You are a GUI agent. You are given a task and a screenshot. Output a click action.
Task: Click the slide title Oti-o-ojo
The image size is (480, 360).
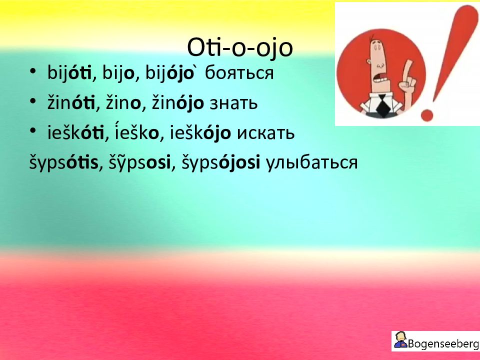pyautogui.click(x=240, y=48)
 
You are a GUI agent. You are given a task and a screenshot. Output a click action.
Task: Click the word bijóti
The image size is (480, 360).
pyautogui.click(x=69, y=73)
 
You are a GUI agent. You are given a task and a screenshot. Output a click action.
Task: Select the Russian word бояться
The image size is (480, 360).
pyautogui.click(x=239, y=73)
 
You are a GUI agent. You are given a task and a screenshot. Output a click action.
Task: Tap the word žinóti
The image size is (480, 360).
pyautogui.click(x=71, y=103)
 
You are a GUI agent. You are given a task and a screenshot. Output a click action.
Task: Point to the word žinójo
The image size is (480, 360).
pyautogui.click(x=178, y=103)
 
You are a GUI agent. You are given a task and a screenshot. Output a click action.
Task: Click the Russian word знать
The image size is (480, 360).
pyautogui.click(x=233, y=104)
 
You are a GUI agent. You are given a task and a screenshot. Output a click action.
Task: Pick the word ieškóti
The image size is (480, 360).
pyautogui.click(x=75, y=133)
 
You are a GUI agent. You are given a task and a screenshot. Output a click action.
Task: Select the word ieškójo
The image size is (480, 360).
pyautogui.click(x=200, y=133)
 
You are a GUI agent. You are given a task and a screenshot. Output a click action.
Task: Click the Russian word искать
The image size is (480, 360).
pyautogui.click(x=266, y=134)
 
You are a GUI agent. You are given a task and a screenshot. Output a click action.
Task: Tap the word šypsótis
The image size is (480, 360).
pyautogui.click(x=63, y=162)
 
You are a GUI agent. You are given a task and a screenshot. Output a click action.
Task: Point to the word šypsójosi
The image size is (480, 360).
pyautogui.click(x=221, y=162)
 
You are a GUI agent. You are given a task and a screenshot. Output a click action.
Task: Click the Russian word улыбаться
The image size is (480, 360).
pyautogui.click(x=311, y=162)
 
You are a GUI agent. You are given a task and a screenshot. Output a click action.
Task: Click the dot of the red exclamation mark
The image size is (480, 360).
pyautogui.click(x=427, y=115)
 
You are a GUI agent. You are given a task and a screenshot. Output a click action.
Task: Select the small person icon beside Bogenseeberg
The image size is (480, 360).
pyautogui.click(x=400, y=340)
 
